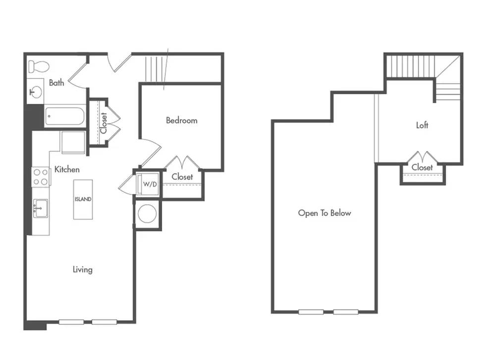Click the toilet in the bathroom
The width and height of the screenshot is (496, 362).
[x=39, y=66]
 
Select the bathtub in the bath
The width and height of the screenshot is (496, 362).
[x=64, y=116]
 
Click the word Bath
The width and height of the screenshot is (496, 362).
[x=56, y=83]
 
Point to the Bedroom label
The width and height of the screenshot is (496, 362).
[x=181, y=120]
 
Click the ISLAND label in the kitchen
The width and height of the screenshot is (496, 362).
[x=83, y=199]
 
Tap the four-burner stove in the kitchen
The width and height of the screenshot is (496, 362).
[x=41, y=177]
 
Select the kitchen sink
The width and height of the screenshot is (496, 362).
[x=41, y=208]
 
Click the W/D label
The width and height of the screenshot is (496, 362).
[x=150, y=184]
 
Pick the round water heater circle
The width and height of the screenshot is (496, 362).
[x=147, y=214]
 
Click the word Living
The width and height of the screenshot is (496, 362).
[x=83, y=270]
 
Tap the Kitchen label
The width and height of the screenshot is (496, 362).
[x=67, y=169]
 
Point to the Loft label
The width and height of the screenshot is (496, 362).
[x=422, y=125]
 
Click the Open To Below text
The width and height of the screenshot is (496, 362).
[x=325, y=213]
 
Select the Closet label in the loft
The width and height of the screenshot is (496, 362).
[x=422, y=167]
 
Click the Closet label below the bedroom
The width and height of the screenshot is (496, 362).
[x=182, y=177]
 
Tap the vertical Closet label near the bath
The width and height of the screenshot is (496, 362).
[x=104, y=123]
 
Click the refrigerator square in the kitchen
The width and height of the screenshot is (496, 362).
[x=73, y=142]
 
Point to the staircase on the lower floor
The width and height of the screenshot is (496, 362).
[x=156, y=69]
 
